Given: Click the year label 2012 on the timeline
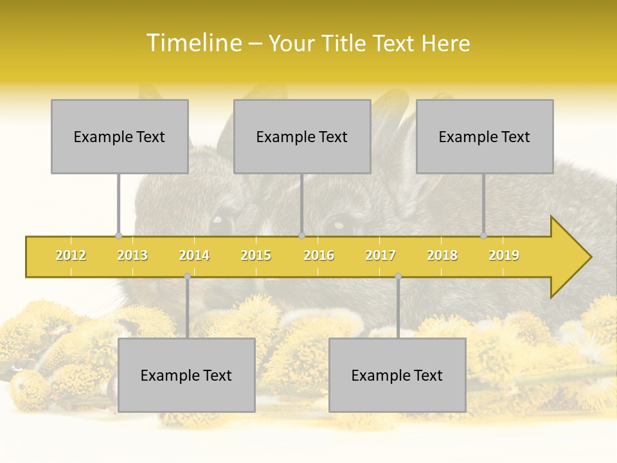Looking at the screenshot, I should coord(71,255).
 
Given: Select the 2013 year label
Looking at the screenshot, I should coord(132,255).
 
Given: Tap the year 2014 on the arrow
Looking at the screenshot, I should coord(194,255).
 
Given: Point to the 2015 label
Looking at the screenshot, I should coord(256,255).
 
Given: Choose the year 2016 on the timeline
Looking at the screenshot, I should coord(319,255).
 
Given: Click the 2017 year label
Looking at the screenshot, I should coord(380,255).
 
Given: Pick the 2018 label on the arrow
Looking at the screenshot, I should coord(442,255).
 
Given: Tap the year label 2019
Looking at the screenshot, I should coord(504,255).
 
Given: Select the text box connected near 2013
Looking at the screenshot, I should coord(120,136).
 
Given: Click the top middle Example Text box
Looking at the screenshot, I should coord(302,136).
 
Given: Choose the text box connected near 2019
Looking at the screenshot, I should coord(485,136).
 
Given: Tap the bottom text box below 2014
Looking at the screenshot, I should coord(186,375).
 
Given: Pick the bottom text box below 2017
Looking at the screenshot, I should coord(397,375).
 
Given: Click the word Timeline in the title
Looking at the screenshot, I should coord(193,43).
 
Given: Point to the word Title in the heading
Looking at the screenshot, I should coord(346,43).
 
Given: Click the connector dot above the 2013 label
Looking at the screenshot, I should coord(118,236).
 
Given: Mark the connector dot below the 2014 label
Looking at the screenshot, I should coord(187,276).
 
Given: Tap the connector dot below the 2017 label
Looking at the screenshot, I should coord(398,276).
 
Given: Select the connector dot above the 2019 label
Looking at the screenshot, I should coord(483,236).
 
